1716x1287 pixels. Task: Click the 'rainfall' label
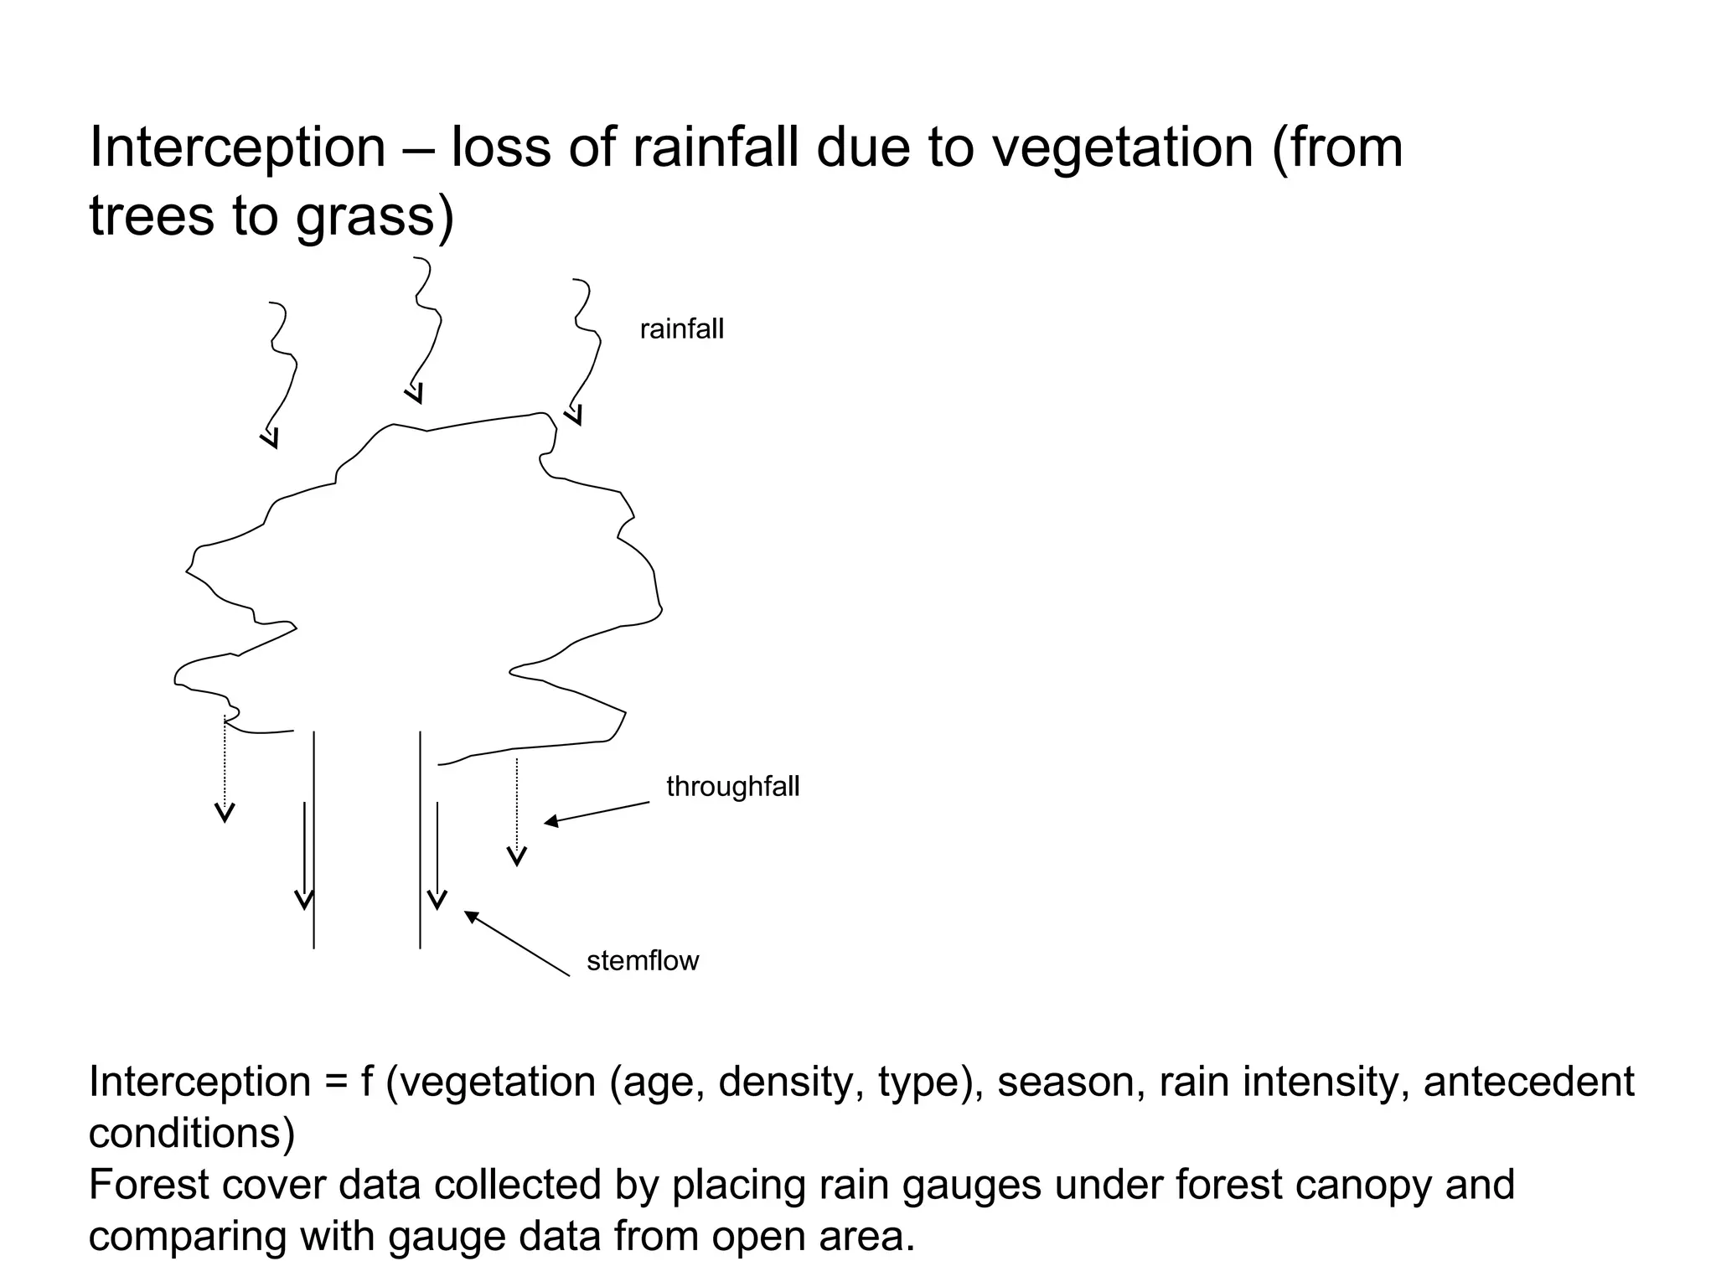click(681, 329)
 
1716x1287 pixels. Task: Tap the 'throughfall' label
click(732, 787)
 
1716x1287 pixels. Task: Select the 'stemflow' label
click(642, 961)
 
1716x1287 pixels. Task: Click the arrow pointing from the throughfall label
click(596, 813)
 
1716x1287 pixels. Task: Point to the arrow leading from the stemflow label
click(516, 943)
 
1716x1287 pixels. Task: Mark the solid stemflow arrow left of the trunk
click(304, 855)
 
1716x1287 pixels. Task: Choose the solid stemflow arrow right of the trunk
click(437, 855)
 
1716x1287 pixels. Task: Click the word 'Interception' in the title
click(237, 147)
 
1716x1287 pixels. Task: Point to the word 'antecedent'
click(1528, 1082)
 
